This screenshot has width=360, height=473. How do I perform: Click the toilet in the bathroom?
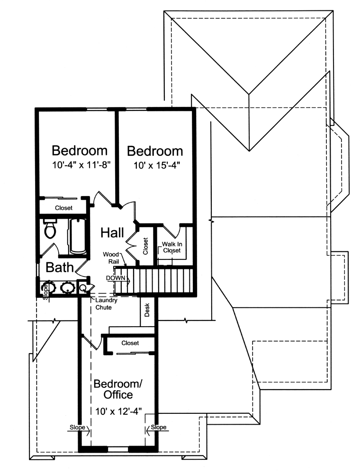[50, 229]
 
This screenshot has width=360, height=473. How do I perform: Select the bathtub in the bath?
[78, 236]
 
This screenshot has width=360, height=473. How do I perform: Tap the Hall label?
[112, 232]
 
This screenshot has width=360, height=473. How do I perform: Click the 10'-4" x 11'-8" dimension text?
[81, 165]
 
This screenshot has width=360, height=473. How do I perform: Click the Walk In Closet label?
[171, 247]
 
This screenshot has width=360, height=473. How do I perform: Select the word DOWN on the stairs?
[116, 278]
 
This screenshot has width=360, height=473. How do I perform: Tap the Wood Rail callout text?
[111, 258]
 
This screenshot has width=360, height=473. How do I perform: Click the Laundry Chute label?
[106, 304]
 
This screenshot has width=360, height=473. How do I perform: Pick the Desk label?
[147, 310]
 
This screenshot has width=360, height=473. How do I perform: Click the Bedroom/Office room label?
[118, 389]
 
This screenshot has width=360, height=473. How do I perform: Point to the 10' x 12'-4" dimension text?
[118, 411]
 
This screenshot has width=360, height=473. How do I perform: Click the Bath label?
[59, 267]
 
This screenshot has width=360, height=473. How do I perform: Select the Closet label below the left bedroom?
[63, 208]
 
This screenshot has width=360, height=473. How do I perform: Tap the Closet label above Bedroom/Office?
[130, 343]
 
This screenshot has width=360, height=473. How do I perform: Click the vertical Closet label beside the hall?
[145, 246]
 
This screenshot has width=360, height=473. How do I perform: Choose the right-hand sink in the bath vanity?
[67, 287]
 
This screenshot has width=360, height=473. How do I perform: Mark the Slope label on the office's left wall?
[77, 427]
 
